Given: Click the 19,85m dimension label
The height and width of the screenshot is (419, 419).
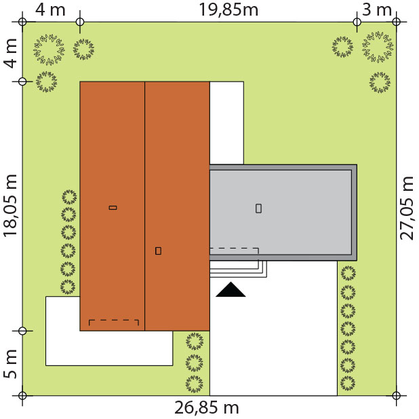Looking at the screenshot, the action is point(228,10).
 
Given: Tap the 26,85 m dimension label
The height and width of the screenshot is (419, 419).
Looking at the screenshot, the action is point(207,407).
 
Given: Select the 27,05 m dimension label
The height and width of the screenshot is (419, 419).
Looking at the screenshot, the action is point(407,208).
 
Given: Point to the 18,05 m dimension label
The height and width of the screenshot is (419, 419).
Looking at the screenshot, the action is point(10,206).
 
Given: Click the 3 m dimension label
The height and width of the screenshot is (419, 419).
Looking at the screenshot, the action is point(377,10).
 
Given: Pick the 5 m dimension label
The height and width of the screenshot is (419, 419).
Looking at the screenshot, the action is point(10,364).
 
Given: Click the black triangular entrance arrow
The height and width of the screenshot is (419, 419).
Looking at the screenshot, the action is point(231,289).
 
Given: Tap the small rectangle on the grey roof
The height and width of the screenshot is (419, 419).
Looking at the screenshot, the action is point(258,208).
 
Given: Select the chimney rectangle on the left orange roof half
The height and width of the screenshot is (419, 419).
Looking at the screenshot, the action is point(113,208).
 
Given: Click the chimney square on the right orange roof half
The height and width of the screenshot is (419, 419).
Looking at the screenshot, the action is point(158,251).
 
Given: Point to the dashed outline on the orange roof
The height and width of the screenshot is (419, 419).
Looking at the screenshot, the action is point(114,320).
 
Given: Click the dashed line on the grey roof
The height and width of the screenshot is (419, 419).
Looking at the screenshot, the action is point(234,249).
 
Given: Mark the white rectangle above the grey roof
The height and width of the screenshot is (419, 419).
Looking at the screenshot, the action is point(226,123).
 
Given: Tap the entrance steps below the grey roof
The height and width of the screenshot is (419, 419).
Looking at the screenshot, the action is point(238,269).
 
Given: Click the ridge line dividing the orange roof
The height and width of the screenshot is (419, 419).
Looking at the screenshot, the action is point(145,206).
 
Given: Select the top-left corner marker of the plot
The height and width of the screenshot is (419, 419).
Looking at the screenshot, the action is point(22,22).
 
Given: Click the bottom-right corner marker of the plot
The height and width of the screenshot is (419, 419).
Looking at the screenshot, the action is point(396,395).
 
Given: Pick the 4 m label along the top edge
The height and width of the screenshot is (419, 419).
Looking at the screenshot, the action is point(50,10).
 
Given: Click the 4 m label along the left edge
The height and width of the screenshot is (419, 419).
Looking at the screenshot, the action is point(10,53).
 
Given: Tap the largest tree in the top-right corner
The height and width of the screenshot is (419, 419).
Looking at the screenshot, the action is point(378,47).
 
